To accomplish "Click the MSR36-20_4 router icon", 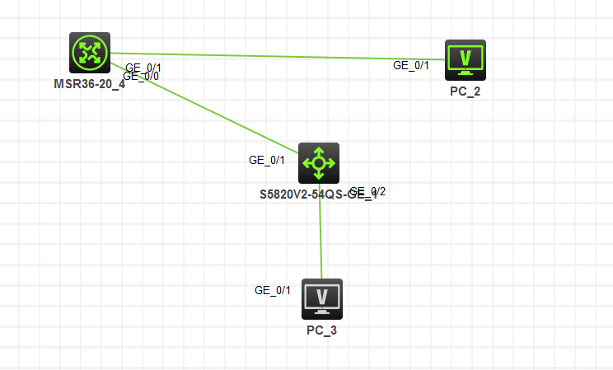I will (x=90, y=53).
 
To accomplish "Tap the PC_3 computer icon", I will (x=322, y=298).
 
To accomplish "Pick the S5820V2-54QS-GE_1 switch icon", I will (x=318, y=163).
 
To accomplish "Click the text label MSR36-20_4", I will (x=89, y=83).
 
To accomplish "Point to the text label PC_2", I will (x=466, y=91).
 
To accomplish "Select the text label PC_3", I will (x=322, y=330).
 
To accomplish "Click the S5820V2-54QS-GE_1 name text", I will (x=318, y=195).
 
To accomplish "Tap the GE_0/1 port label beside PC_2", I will (x=411, y=65).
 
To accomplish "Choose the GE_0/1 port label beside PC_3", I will (x=273, y=290).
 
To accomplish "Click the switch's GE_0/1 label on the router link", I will (x=267, y=160).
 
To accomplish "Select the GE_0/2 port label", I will (x=368, y=192).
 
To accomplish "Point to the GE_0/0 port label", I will (x=141, y=77).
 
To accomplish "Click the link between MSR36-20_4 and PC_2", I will (x=272, y=56).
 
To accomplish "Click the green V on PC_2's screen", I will (x=466, y=57).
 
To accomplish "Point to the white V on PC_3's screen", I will (x=322, y=295).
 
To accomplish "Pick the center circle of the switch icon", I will (x=318, y=163).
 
